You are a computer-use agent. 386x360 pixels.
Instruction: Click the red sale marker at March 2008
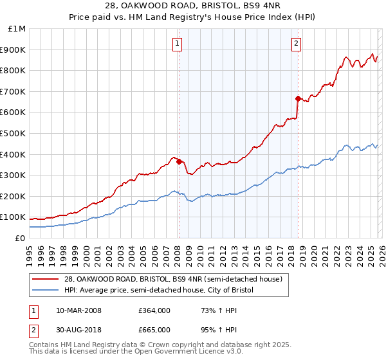179,161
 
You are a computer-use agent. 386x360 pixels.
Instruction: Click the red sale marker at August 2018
298,98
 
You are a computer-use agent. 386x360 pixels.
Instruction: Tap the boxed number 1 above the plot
177,44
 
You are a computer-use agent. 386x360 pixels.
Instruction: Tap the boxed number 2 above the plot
296,44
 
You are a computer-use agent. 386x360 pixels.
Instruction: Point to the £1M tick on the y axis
17,29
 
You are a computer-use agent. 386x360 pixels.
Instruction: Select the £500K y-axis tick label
14,133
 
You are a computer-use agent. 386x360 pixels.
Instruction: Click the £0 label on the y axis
20,238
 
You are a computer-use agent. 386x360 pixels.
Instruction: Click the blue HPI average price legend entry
158,291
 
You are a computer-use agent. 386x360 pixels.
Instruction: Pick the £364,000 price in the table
154,310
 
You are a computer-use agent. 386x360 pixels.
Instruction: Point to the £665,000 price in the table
154,329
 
